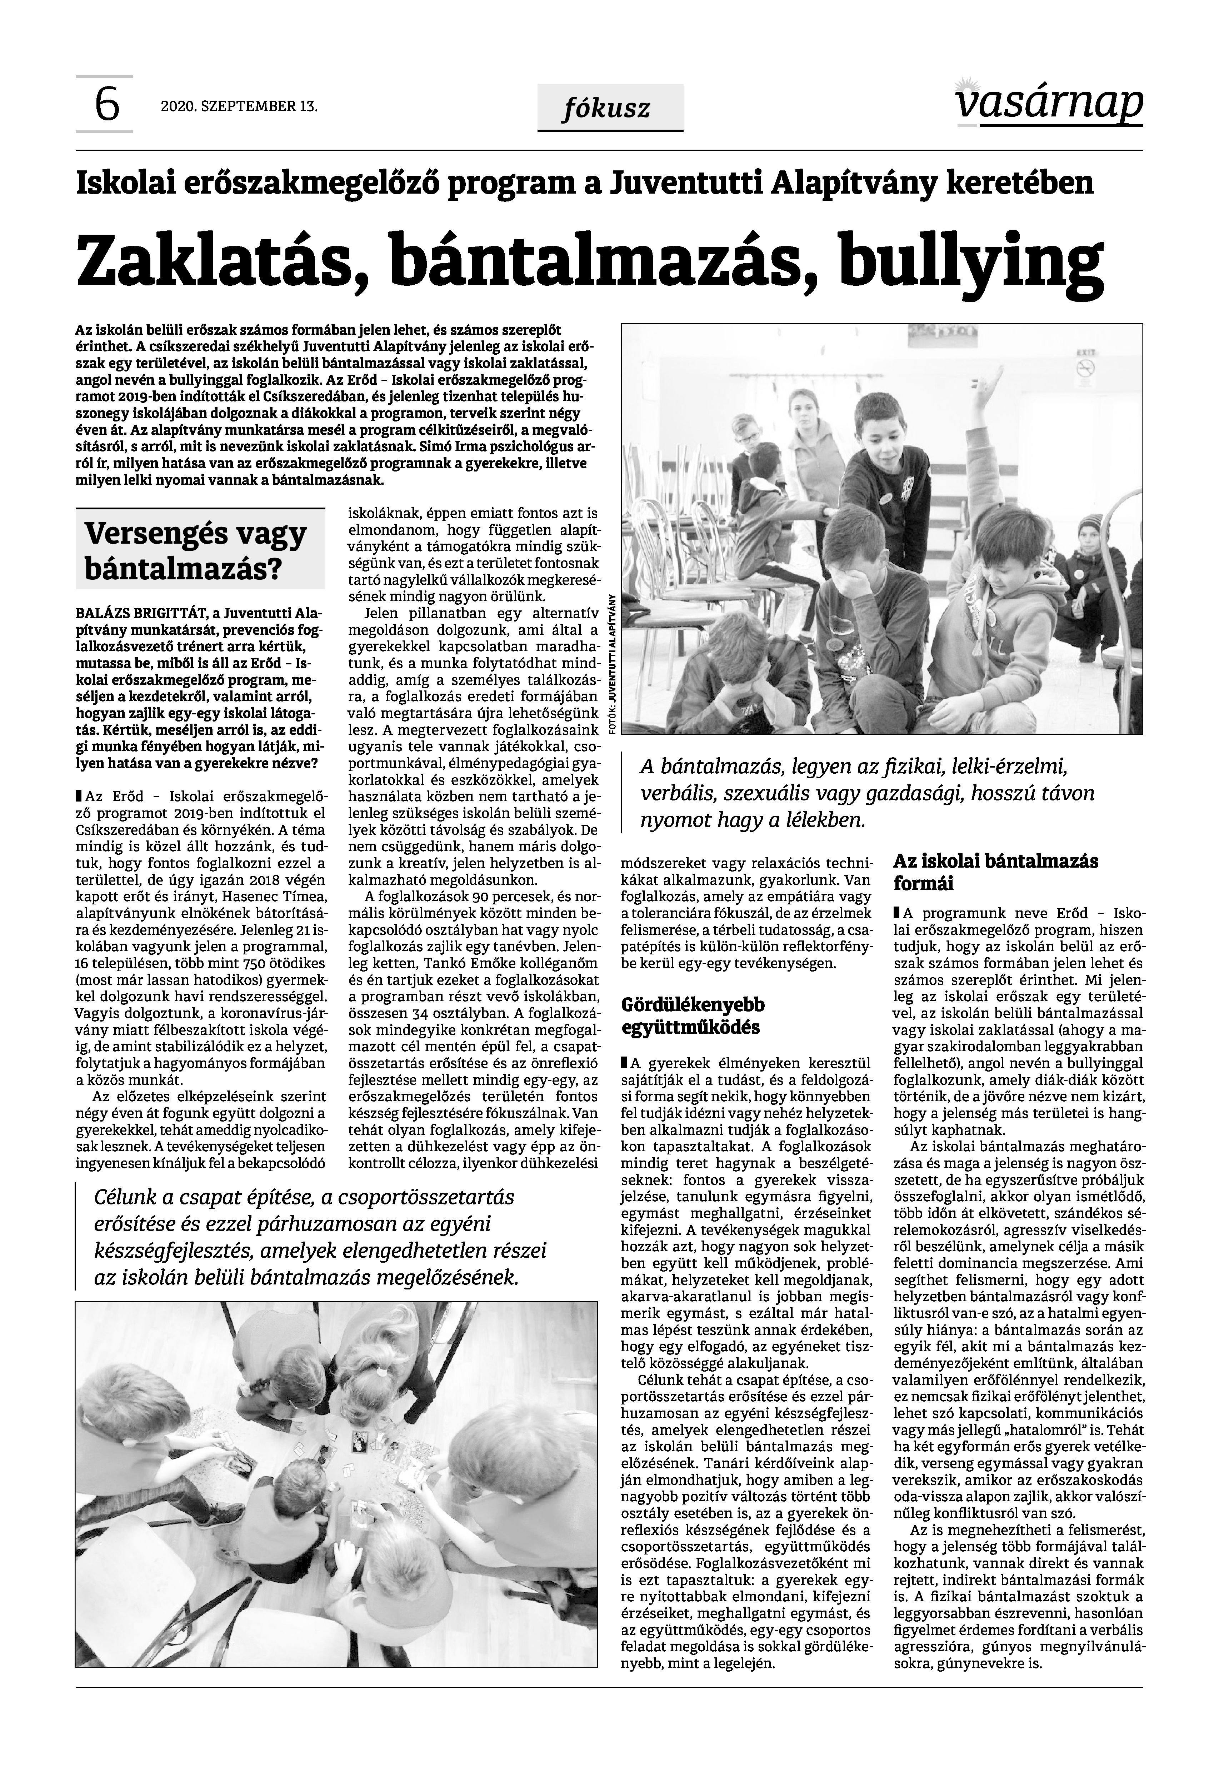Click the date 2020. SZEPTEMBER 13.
click(x=239, y=106)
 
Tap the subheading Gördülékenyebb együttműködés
click(x=693, y=1015)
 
